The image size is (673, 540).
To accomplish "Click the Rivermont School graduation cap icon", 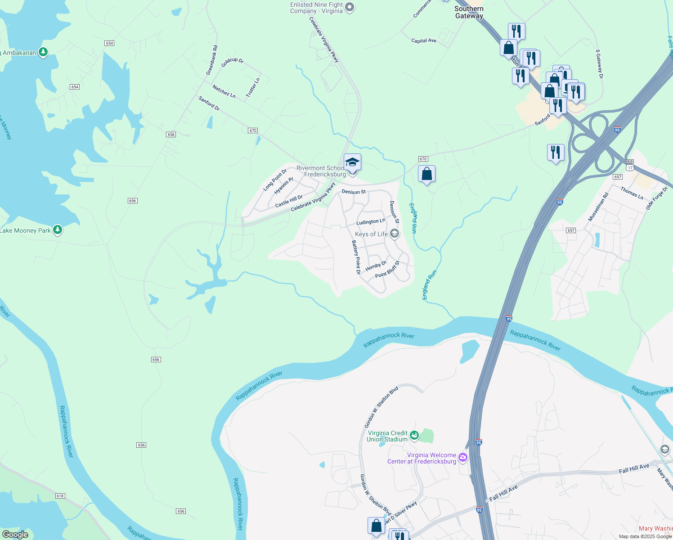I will (x=352, y=162).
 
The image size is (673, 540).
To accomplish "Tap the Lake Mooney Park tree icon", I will (x=57, y=230).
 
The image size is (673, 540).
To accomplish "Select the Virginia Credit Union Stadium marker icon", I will (x=414, y=435).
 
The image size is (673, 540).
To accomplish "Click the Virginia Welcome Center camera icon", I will (x=463, y=458).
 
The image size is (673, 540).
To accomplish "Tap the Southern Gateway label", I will (x=469, y=12).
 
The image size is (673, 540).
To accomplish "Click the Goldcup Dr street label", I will (x=232, y=62).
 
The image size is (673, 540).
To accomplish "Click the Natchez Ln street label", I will (x=224, y=91).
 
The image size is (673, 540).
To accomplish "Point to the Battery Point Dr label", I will (x=356, y=257).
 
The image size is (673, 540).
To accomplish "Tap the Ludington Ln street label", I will (x=371, y=221).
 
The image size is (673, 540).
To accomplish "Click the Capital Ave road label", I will (x=424, y=40).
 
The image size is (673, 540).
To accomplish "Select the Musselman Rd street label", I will (x=598, y=207).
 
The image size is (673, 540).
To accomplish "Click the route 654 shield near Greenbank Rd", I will (x=109, y=43).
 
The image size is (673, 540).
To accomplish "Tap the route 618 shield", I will (x=60, y=495).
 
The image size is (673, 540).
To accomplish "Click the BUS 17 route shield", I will (x=630, y=165).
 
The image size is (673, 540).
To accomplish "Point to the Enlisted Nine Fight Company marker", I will (x=350, y=8).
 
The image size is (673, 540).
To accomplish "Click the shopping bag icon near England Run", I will (x=426, y=174).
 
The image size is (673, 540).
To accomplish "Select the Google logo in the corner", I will (x=15, y=535).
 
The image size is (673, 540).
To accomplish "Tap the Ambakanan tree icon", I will (x=43, y=53).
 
